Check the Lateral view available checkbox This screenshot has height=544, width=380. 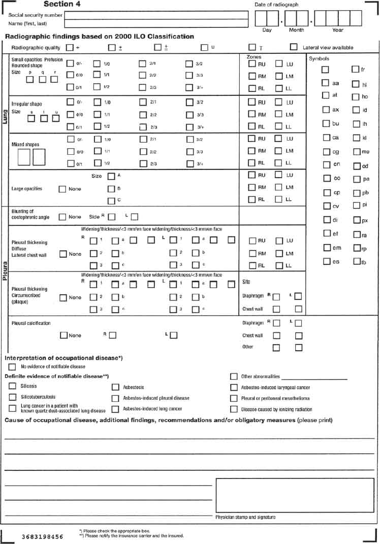[294, 47]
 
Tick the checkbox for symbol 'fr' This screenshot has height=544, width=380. [355, 69]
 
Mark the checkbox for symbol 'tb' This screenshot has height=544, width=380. [357, 261]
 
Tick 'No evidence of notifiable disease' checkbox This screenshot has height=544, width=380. [12, 366]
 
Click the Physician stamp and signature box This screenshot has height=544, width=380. [295, 495]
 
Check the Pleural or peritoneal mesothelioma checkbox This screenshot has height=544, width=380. [234, 398]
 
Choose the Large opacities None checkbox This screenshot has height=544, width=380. [62, 189]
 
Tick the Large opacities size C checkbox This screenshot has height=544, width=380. [111, 201]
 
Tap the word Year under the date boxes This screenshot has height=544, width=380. [337, 30]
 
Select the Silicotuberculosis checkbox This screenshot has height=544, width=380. [12, 397]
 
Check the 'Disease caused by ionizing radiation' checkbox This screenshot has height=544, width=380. [234, 409]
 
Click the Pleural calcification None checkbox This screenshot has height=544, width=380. [64, 335]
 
